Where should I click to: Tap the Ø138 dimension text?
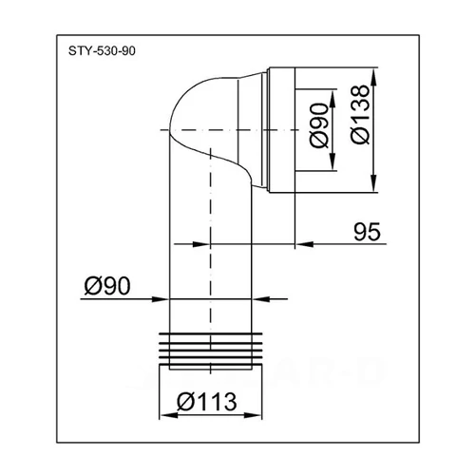click(358, 123)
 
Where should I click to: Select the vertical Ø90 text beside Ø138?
click(319, 123)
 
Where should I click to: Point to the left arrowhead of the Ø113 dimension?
click(161, 415)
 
